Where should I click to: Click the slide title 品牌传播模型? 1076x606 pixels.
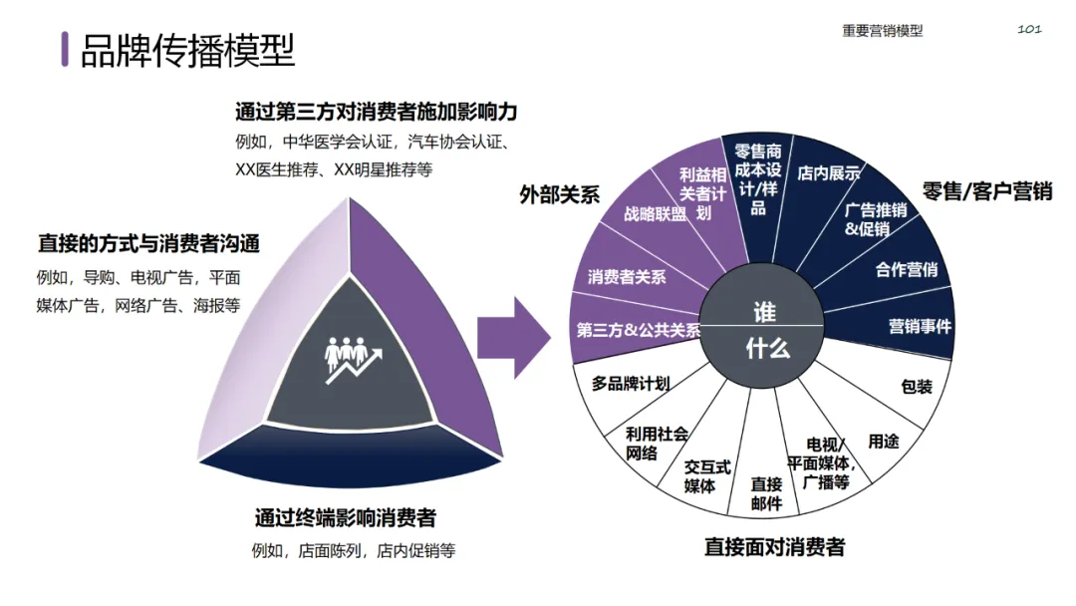tap(187, 50)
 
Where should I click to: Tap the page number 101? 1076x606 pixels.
tap(1029, 29)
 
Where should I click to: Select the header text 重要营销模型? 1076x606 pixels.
tap(882, 31)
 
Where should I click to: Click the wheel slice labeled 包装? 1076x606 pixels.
tap(916, 385)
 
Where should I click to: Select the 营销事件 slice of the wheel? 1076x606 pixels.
tap(919, 326)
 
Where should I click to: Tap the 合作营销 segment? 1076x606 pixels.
tap(906, 269)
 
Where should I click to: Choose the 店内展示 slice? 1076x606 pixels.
tap(828, 172)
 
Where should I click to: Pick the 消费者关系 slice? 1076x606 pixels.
tap(627, 277)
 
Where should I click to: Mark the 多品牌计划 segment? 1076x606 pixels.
tap(631, 383)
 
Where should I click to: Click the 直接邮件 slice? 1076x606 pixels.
tap(766, 493)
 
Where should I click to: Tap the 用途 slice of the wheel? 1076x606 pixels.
tap(883, 440)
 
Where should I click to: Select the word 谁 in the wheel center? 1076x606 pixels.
tap(764, 312)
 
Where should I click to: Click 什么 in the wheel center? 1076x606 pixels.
tap(766, 349)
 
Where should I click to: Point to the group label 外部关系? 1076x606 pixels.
tap(559, 193)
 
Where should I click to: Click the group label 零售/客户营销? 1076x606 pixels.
tap(986, 191)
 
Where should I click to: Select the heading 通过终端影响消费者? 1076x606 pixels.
tap(345, 518)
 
